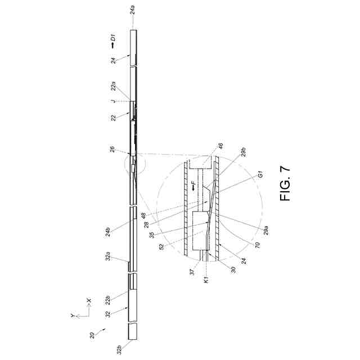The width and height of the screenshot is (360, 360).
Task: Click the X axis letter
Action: (x=90, y=301)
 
